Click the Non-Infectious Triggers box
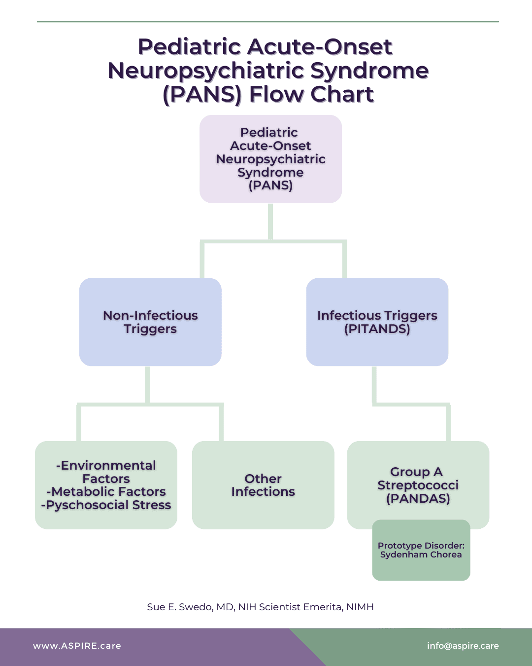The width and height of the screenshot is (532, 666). pos(150,322)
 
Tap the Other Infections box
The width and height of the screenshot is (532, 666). pos(263,485)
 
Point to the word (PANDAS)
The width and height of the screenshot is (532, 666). pos(418,498)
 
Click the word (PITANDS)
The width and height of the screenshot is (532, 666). pos(377,329)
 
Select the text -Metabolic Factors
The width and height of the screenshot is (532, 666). pos(106,491)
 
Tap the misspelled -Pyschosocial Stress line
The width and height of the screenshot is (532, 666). pos(106,505)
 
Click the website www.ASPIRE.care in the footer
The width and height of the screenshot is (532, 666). pos(77,646)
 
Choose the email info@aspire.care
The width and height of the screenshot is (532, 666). pos(463,646)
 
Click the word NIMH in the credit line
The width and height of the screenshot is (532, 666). pos(360,607)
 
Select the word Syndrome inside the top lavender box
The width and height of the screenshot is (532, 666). pos(270,172)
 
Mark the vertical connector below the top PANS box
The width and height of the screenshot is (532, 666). pos(270,222)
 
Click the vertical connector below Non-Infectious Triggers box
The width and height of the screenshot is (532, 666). pos(147,385)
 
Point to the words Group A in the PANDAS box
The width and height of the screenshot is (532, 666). pos(416,472)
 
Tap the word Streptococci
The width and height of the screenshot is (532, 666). pos(418,485)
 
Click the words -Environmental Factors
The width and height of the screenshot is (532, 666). pos(106,472)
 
